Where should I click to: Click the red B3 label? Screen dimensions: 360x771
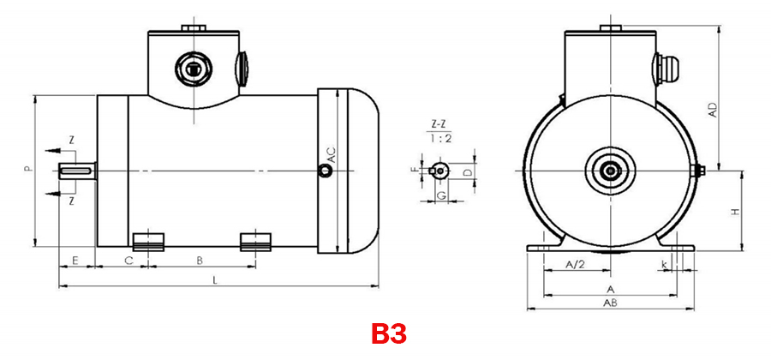pos(388,333)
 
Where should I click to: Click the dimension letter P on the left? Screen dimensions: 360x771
pos(27,170)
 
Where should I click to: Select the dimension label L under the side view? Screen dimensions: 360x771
pos(215,279)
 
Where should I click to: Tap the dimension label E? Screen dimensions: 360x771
pos(76,259)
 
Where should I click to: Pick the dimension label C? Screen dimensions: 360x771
pos(128,259)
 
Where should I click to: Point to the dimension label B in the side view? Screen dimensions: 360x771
pos(200,259)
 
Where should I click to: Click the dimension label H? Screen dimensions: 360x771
pos(735,211)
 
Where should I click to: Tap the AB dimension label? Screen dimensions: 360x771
pos(611,303)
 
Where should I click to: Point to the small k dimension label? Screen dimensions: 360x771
pos(664,263)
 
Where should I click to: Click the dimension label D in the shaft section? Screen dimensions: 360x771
pos(467,172)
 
